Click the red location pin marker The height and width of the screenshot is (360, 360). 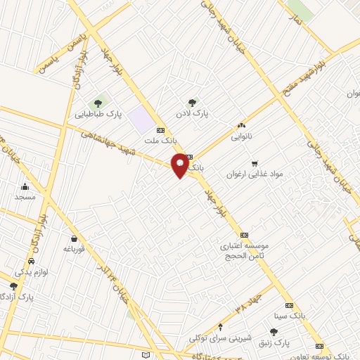click(x=181, y=165)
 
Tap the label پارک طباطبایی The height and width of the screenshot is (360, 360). click(x=99, y=113)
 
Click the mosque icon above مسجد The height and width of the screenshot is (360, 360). click(x=25, y=186)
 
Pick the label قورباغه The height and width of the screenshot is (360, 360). click(x=75, y=249)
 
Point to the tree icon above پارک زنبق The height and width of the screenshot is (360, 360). click(x=274, y=331)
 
